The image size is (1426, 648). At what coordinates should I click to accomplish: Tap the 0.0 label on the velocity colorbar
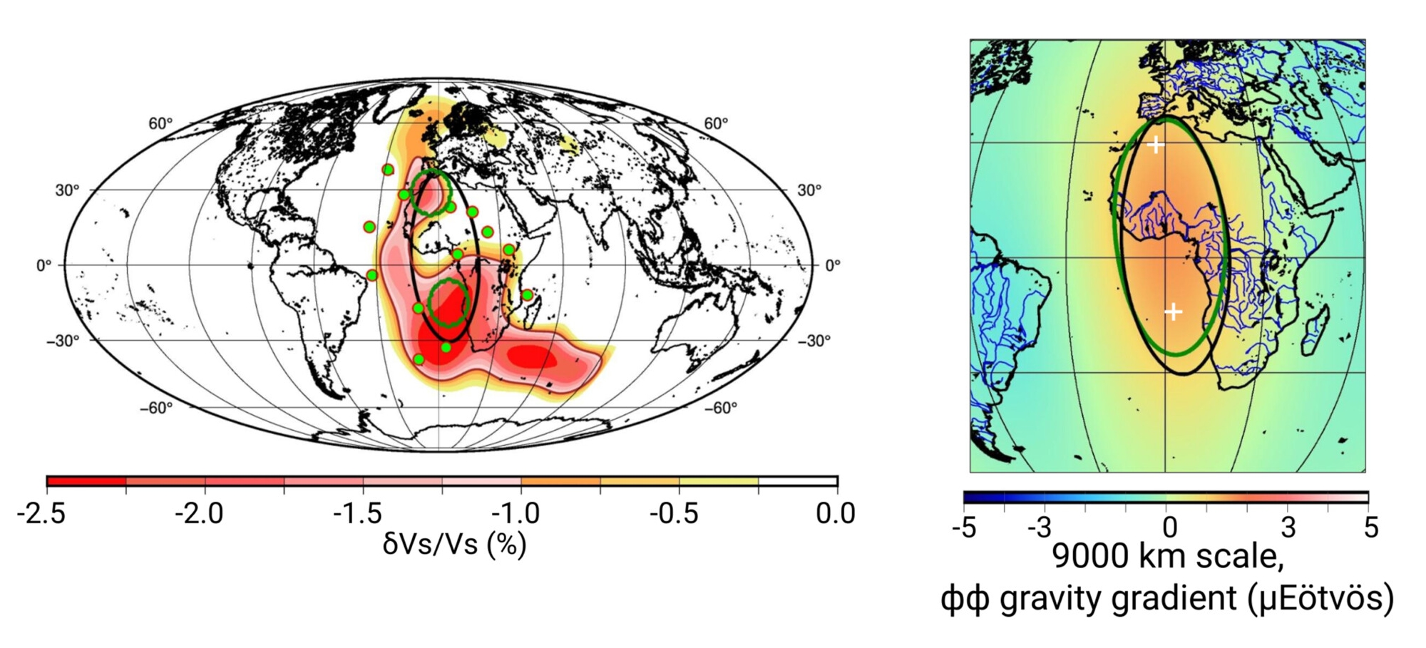tap(835, 513)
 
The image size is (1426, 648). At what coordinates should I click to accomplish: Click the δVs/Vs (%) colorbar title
tap(454, 545)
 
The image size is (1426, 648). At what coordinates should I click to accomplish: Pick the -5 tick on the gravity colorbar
tap(964, 528)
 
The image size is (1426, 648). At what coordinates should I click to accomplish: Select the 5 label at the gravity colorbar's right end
tap(1370, 528)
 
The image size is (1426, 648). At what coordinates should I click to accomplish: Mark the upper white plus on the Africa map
tap(1156, 145)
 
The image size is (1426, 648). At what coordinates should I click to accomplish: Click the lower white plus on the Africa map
tap(1174, 312)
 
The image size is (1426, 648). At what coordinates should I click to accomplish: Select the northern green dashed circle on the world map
tap(431, 192)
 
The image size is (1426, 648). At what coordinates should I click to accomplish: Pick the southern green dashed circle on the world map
tap(449, 302)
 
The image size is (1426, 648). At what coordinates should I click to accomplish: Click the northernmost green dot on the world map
tap(388, 170)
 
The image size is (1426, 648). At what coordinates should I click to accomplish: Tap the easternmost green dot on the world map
tap(527, 294)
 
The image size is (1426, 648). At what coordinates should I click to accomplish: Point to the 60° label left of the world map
tap(160, 124)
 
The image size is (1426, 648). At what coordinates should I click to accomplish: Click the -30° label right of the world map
tap(813, 341)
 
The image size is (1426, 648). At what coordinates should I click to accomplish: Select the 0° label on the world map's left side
tap(44, 265)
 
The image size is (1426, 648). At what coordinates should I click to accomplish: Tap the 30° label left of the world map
tap(67, 190)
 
